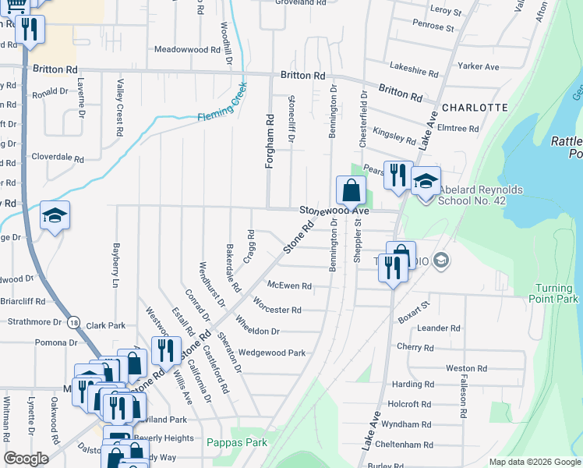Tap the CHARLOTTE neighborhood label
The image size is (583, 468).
(x=475, y=107)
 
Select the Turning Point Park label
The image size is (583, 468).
(x=557, y=293)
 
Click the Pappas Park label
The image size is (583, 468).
(x=237, y=442)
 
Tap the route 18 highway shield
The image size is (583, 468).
(x=73, y=321)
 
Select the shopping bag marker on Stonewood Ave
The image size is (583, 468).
(x=351, y=190)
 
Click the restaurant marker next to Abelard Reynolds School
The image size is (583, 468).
(x=397, y=174)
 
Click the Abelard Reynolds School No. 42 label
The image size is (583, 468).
(x=481, y=194)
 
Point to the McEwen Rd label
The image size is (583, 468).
(x=289, y=285)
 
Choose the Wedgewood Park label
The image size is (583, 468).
(x=272, y=353)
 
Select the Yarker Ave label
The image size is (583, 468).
(x=479, y=67)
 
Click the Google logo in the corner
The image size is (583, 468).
(x=26, y=459)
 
